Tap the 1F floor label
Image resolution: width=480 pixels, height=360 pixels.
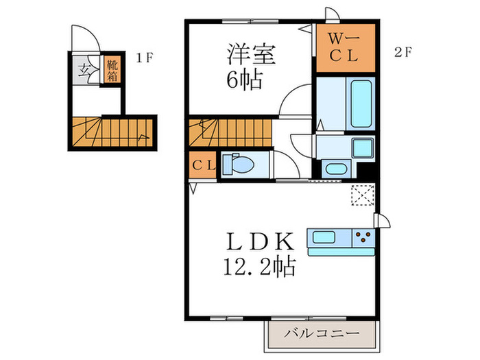point(143,58)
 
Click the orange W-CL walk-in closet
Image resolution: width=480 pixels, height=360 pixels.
point(346,48)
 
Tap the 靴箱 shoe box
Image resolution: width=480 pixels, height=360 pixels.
point(110,71)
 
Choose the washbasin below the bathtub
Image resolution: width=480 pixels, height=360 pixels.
point(335,169)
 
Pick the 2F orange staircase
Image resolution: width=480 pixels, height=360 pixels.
point(228,130)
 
